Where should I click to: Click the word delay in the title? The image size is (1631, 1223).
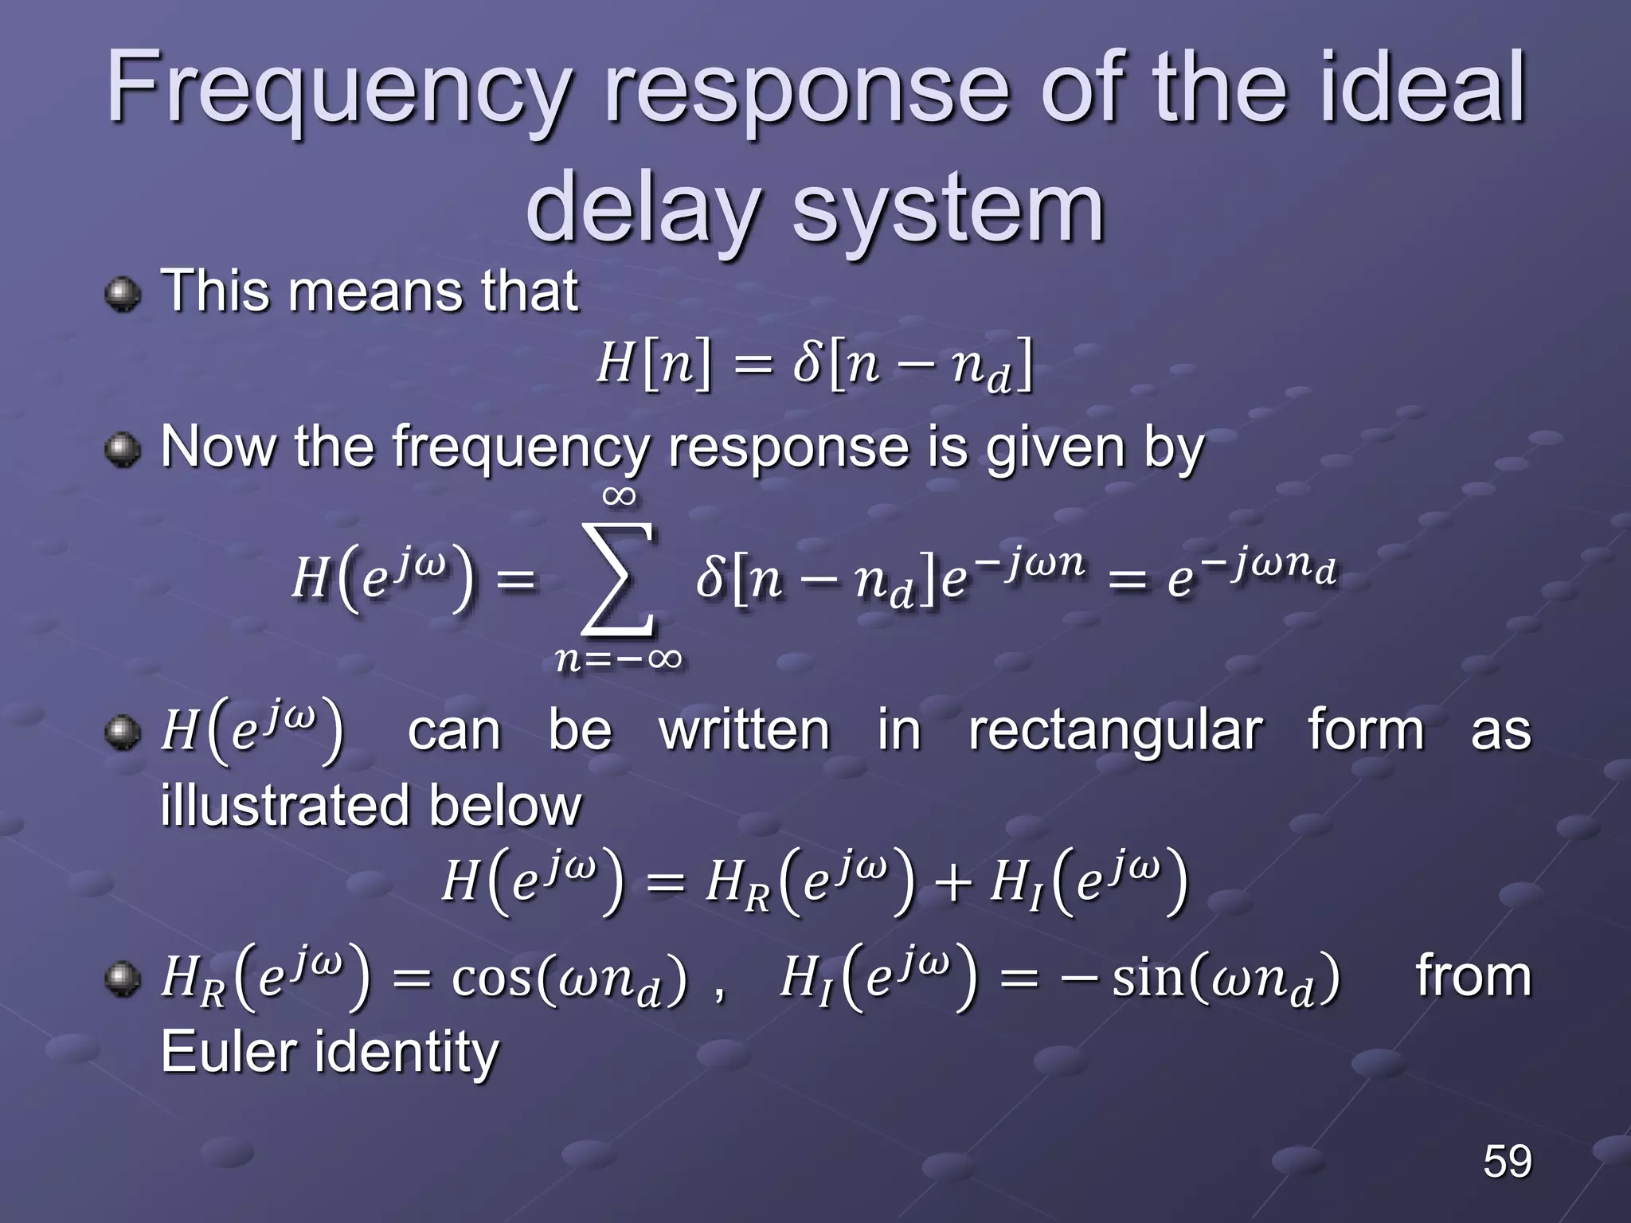click(x=641, y=209)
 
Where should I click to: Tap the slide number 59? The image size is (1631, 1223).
click(x=1507, y=1160)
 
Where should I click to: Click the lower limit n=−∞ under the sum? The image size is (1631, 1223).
click(x=619, y=659)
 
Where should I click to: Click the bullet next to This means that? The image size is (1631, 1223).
click(x=123, y=295)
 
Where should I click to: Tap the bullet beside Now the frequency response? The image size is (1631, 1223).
click(x=123, y=451)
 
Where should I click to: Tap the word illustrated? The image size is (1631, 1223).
click(x=287, y=806)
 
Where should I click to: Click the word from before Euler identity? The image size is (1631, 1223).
click(x=1473, y=976)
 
